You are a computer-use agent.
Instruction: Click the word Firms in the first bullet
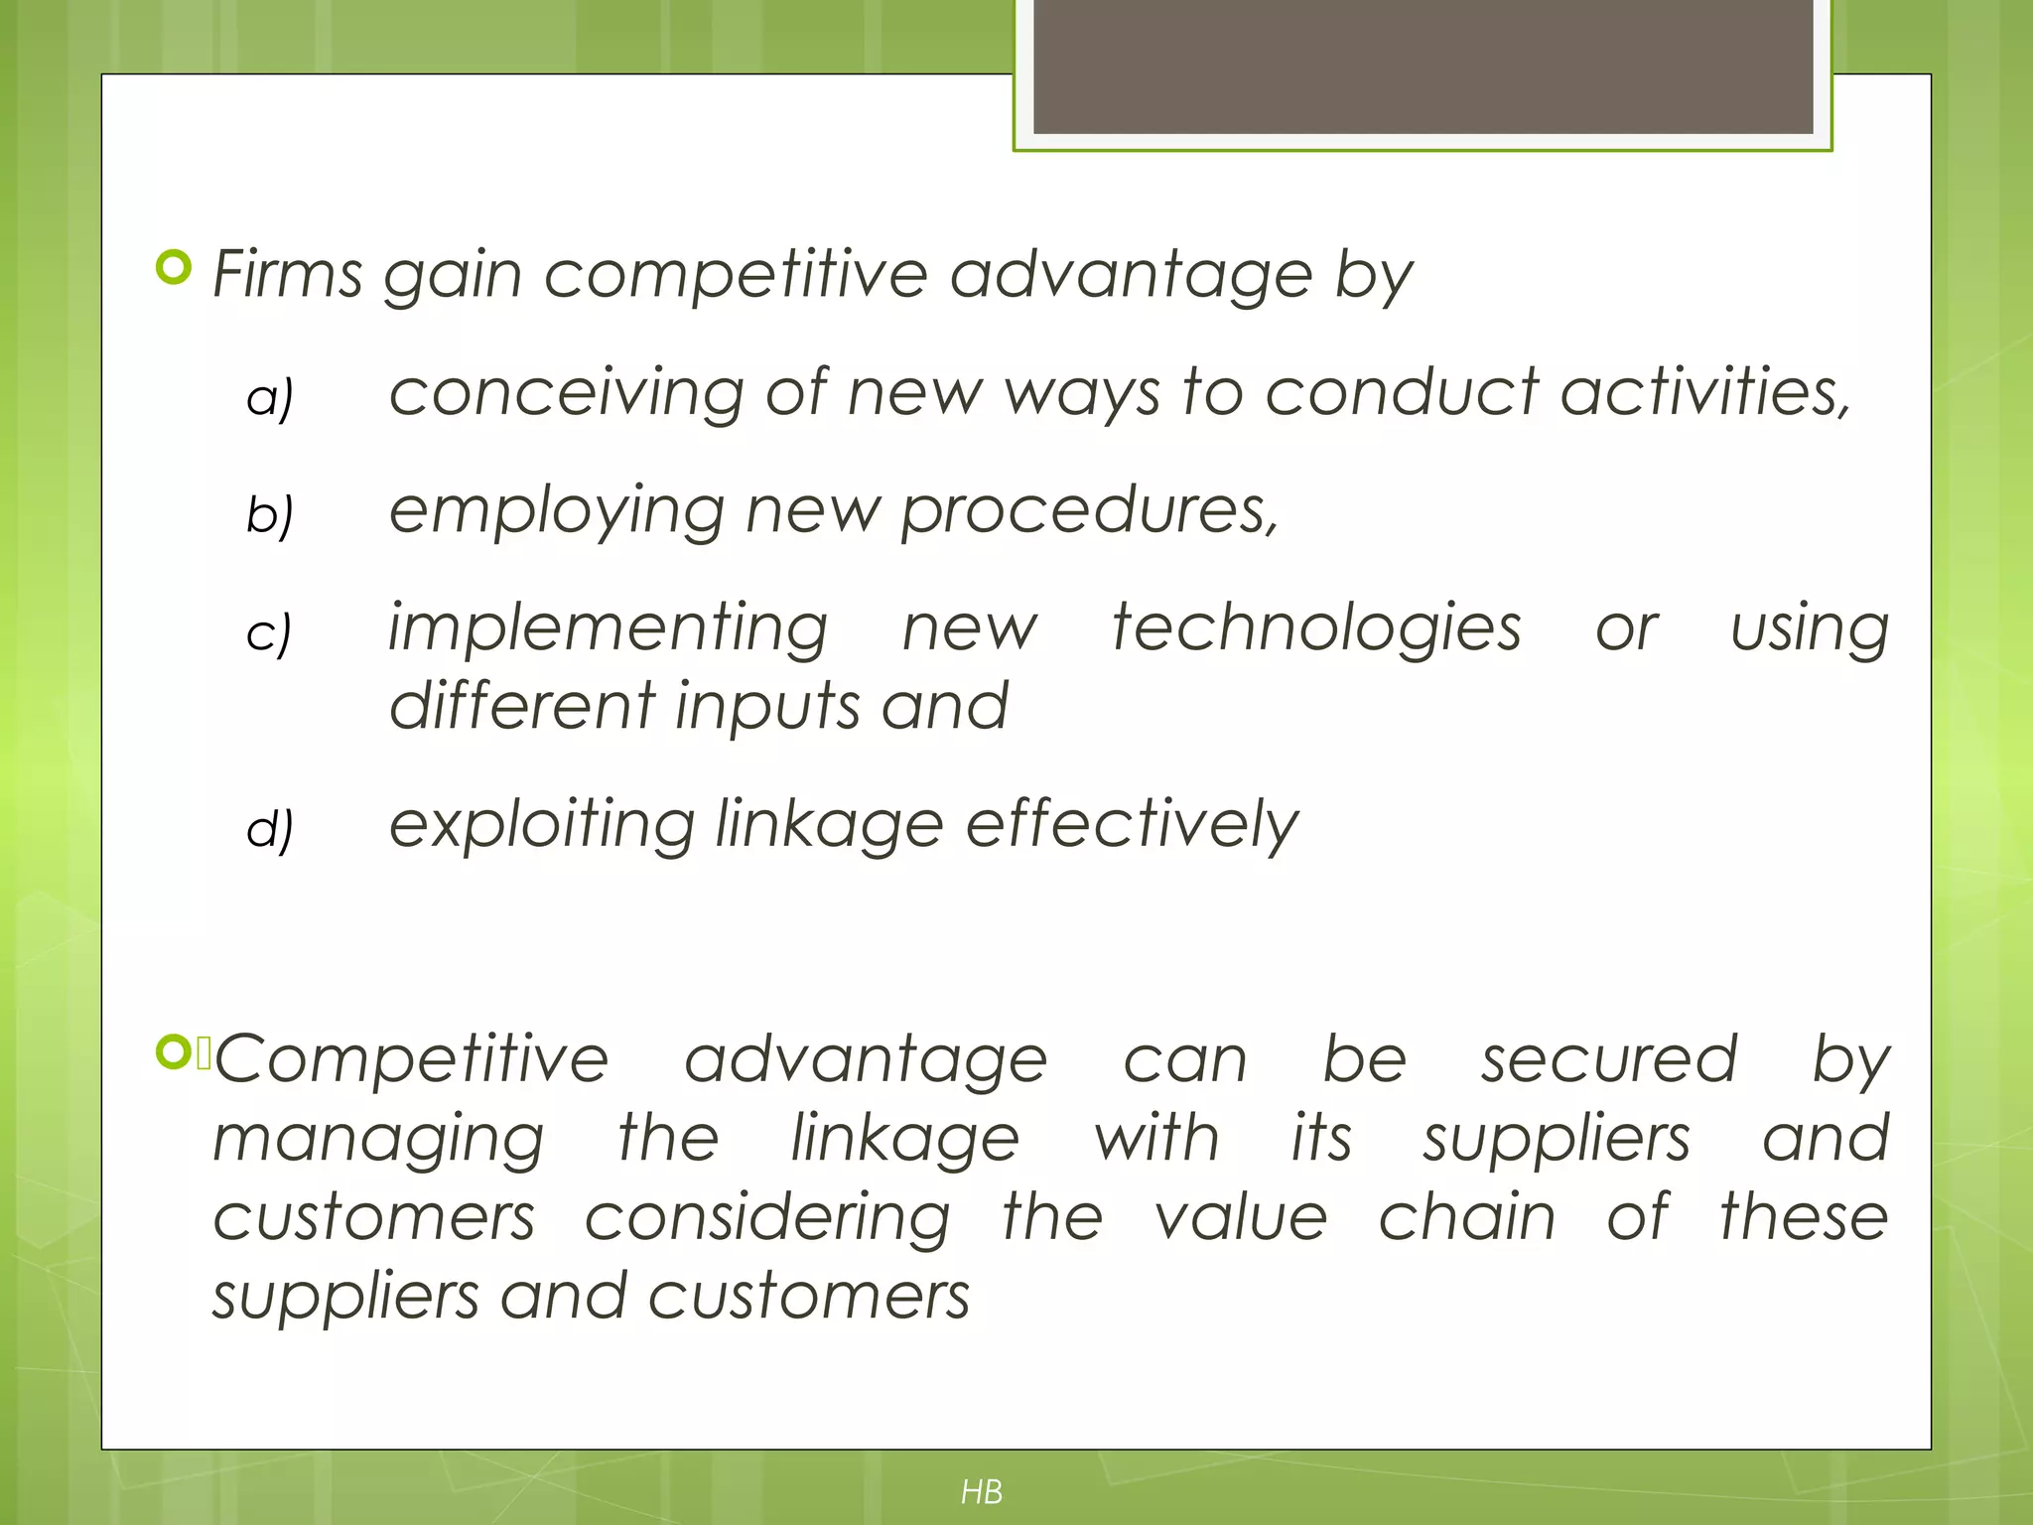tap(287, 274)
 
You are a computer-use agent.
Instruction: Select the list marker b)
tap(269, 514)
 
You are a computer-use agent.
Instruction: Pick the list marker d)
tap(269, 828)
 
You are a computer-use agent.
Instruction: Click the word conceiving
tap(566, 393)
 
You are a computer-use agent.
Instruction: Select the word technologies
tap(1316, 629)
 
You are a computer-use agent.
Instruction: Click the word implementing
tap(608, 629)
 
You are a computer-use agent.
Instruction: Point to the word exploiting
tap(541, 826)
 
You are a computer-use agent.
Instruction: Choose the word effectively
tap(1132, 824)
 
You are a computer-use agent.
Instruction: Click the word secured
tap(1609, 1058)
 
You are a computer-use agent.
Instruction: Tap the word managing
tap(378, 1140)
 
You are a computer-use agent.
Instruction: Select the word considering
tap(766, 1219)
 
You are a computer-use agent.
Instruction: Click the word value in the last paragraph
tap(1241, 1217)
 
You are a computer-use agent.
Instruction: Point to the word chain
tap(1466, 1217)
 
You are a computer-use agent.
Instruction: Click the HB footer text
tap(982, 1491)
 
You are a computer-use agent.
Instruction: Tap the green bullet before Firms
tap(174, 268)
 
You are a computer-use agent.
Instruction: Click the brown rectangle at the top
tap(1423, 66)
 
